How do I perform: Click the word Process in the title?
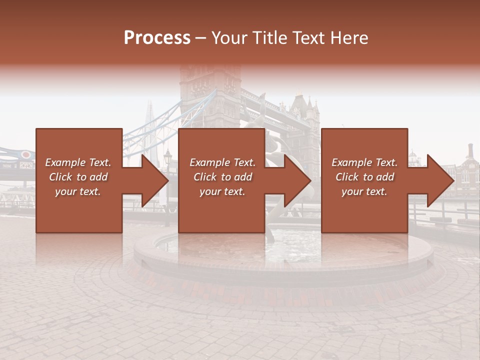click(x=157, y=38)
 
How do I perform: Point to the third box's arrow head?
click(x=441, y=180)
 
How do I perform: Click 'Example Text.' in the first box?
click(x=78, y=162)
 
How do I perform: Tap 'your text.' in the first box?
click(x=78, y=191)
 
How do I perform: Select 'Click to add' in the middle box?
click(x=222, y=177)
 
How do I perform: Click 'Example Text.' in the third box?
click(x=364, y=162)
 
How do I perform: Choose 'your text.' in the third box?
click(x=364, y=191)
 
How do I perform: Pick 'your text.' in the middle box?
click(x=222, y=191)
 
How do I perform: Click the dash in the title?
click(x=201, y=38)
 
